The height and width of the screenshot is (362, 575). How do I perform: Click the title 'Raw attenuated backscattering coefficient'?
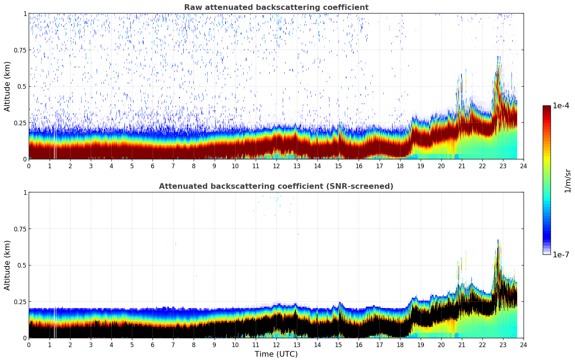click(276, 7)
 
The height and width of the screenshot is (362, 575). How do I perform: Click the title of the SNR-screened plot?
click(276, 186)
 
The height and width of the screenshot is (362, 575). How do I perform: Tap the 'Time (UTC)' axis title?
click(276, 354)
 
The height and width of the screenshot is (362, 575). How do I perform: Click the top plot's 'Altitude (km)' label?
click(7, 86)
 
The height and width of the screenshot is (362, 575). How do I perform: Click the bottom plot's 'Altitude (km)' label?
click(7, 265)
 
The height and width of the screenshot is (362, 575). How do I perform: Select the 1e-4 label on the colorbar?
click(561, 106)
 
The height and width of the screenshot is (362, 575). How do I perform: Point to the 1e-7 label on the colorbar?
click(561, 254)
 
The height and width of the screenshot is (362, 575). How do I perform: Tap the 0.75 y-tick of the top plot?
click(20, 50)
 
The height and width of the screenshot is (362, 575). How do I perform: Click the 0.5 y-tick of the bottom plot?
click(21, 265)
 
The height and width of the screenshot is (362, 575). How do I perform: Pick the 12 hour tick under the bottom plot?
click(276, 345)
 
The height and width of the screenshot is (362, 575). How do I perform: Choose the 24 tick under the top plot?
click(524, 166)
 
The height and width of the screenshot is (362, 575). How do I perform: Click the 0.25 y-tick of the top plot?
click(20, 123)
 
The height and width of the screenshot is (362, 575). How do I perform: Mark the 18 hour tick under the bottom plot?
click(400, 345)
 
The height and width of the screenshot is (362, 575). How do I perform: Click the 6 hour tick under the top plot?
click(153, 166)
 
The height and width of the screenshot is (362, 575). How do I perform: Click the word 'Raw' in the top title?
click(192, 7)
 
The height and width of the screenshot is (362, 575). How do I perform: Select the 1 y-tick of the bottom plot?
click(25, 193)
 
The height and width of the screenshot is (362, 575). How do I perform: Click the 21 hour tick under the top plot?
click(461, 166)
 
